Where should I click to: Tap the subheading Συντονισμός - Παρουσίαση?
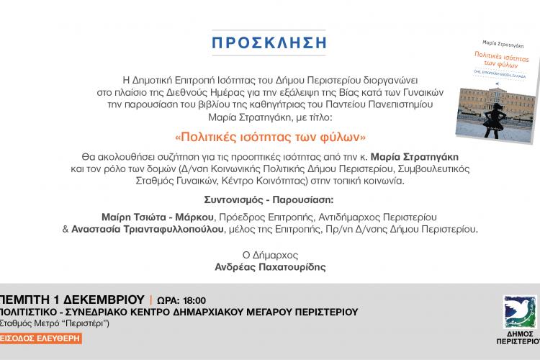270,198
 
